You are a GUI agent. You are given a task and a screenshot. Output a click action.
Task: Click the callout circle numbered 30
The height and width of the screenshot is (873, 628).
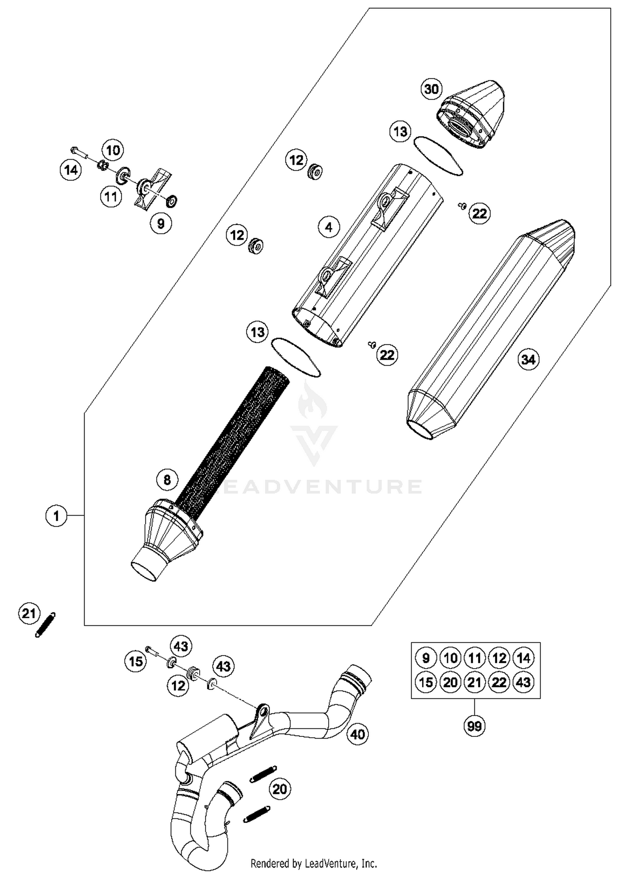point(431,89)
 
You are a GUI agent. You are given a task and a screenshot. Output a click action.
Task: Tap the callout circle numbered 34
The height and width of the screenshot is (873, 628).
point(528,359)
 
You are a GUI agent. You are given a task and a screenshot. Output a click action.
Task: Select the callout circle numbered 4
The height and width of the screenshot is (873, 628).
point(329,227)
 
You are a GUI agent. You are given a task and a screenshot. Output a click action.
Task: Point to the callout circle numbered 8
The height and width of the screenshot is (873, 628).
point(167,479)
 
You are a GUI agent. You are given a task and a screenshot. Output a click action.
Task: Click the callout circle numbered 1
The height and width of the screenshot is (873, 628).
point(57,516)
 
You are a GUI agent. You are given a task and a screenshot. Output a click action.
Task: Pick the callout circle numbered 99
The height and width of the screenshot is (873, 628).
point(474,726)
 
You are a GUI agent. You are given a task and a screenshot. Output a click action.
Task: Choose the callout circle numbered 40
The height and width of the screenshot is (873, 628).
point(358,734)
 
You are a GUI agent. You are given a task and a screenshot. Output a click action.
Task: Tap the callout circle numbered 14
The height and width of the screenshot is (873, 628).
point(71,170)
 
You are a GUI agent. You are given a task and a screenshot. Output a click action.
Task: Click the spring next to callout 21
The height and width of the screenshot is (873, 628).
point(45,625)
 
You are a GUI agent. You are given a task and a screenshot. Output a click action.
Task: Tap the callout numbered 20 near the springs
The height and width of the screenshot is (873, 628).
point(280,789)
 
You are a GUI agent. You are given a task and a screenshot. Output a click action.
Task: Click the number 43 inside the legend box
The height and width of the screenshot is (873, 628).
point(523,682)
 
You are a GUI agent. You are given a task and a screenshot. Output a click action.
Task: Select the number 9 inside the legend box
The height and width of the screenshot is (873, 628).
point(426,658)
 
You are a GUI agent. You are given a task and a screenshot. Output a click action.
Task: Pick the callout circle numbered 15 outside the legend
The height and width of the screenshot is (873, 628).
point(136,661)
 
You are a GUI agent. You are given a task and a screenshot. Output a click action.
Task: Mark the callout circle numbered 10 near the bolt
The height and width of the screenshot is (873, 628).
point(113,150)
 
